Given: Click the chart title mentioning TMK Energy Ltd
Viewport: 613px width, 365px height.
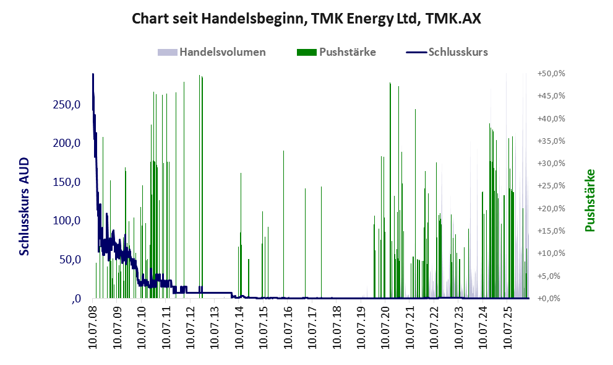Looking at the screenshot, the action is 306,19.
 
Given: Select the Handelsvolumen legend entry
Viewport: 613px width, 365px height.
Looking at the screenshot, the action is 212,52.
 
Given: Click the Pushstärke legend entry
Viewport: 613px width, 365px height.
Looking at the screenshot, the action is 337,52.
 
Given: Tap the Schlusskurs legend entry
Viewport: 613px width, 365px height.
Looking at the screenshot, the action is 447,52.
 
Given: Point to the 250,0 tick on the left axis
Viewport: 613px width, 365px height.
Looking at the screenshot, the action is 66,105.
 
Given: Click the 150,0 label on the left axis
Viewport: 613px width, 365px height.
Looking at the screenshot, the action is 66,182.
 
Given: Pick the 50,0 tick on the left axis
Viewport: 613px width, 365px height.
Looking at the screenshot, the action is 70,259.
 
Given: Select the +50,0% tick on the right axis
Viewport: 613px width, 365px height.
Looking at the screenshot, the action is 551,74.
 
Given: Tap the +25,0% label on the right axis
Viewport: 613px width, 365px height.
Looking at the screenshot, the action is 551,186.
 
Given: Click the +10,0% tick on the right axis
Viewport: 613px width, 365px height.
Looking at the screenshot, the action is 551,253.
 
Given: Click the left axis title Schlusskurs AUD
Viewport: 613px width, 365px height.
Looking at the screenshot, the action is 24,206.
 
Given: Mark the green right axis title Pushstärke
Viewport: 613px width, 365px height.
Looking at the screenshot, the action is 589,200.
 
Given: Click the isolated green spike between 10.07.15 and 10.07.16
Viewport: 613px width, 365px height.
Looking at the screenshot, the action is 284,224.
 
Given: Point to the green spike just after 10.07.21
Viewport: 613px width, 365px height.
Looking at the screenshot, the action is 415,204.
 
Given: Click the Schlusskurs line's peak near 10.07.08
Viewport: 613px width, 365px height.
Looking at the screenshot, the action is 93,74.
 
